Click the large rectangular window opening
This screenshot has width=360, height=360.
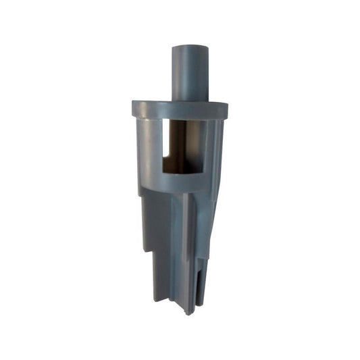(x=182, y=145)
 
